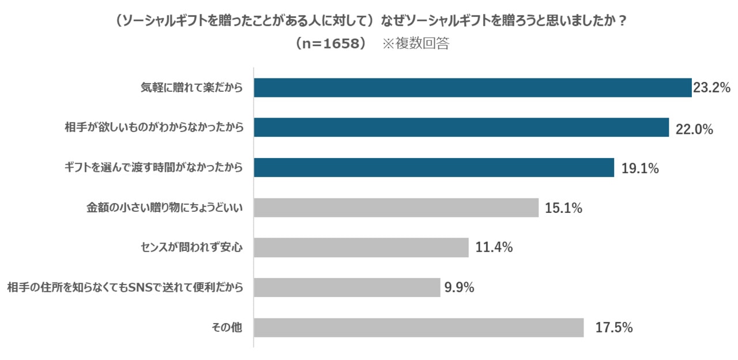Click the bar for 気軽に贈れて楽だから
click(472, 88)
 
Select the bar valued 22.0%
click(461, 127)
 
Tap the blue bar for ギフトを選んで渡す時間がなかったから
click(434, 168)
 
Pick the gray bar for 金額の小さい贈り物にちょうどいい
click(396, 208)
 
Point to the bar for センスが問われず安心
click(361, 247)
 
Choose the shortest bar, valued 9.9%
click(347, 287)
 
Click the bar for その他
click(419, 328)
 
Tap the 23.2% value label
click(712, 88)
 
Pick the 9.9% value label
click(459, 287)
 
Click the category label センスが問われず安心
click(191, 248)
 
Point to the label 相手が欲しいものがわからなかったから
click(153, 128)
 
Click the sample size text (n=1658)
click(330, 44)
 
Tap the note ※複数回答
click(416, 44)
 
